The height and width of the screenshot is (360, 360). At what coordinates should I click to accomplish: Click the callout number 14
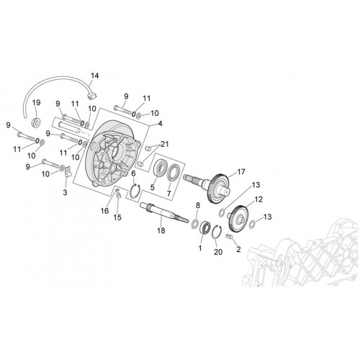tap(94, 76)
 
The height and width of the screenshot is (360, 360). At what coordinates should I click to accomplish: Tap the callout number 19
tap(37, 103)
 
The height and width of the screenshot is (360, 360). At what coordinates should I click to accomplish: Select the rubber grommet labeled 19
tap(37, 122)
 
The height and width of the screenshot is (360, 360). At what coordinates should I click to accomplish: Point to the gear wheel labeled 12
tap(238, 218)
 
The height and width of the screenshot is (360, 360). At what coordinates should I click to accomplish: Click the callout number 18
tap(161, 230)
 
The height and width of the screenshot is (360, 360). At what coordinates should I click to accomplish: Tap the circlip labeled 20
tap(217, 233)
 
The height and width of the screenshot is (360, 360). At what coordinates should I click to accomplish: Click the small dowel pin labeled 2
tap(230, 237)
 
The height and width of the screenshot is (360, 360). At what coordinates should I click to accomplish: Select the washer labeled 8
tap(195, 224)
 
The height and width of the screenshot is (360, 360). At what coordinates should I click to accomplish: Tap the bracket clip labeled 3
tap(68, 172)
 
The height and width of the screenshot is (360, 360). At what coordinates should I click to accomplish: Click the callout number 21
tap(165, 144)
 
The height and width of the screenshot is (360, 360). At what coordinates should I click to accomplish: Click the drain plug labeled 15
tap(118, 197)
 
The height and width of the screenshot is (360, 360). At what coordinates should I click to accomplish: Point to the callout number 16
tap(104, 211)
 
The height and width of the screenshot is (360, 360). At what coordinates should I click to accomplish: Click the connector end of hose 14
tap(91, 96)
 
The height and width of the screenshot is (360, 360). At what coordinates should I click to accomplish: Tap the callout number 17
tap(241, 172)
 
